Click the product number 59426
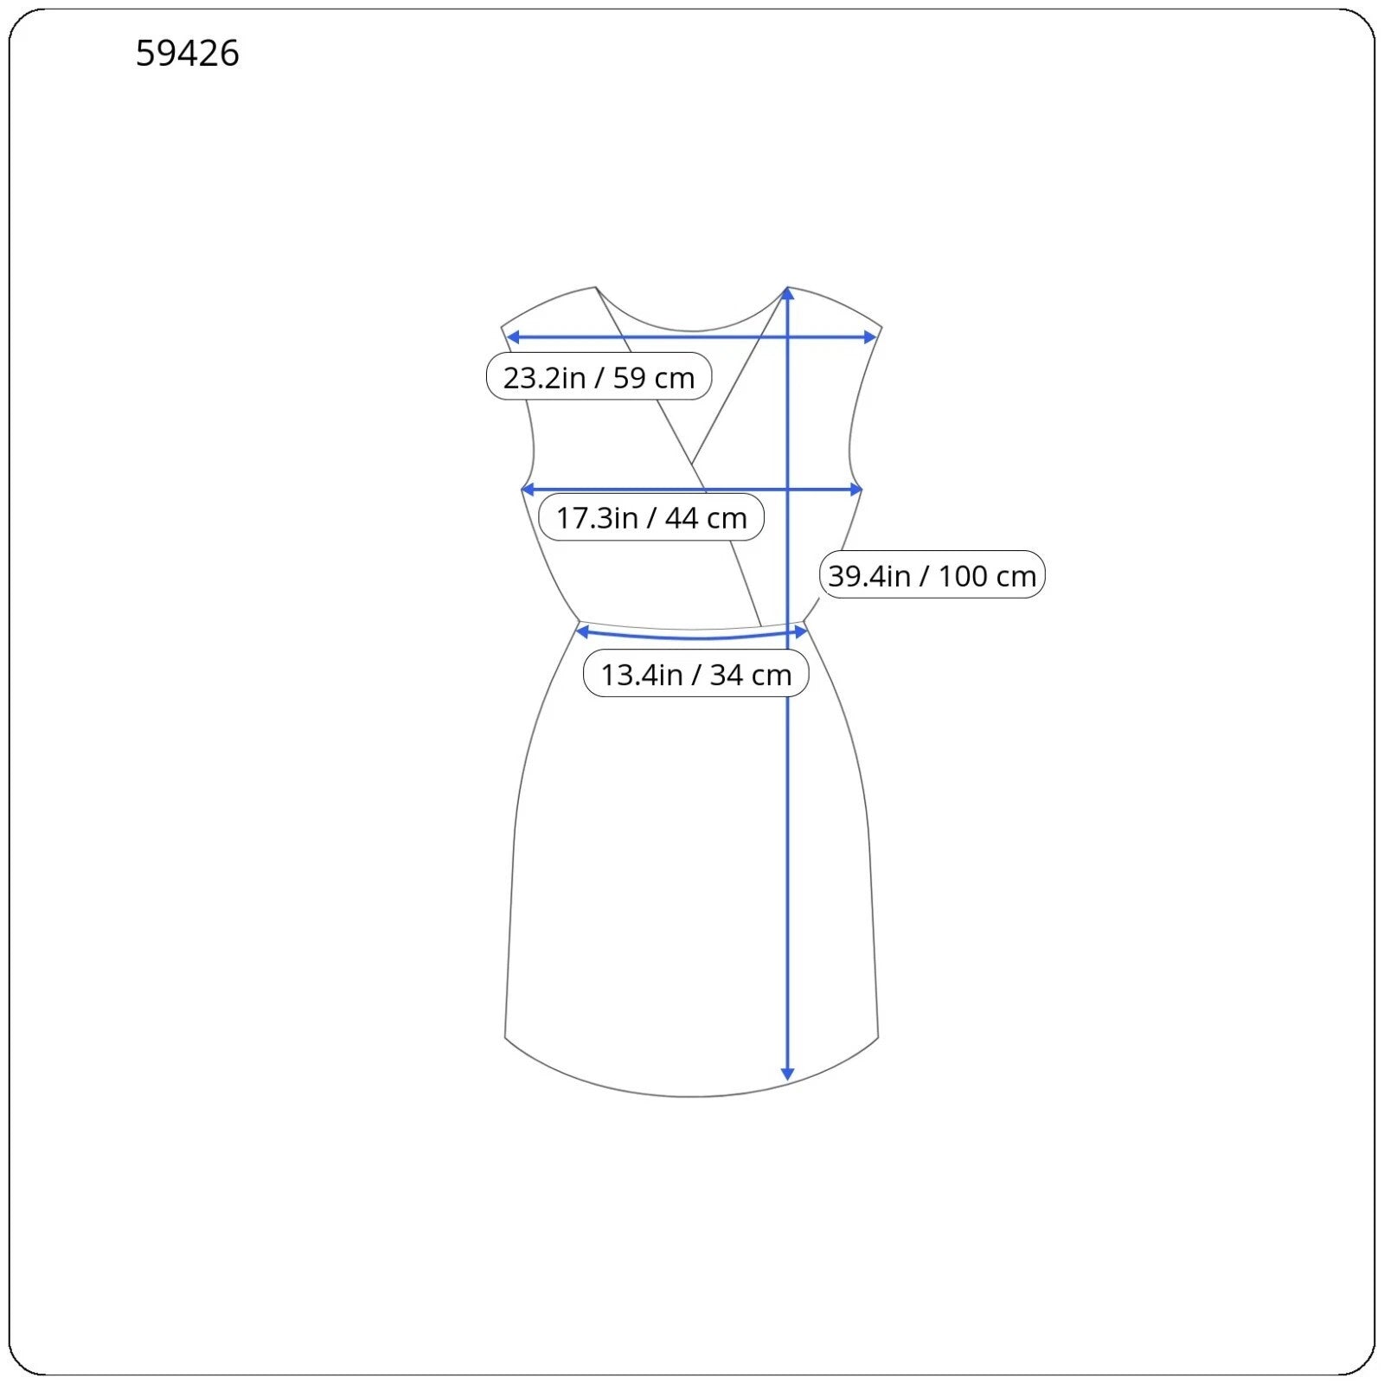[x=187, y=54]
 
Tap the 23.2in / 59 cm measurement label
[x=599, y=377]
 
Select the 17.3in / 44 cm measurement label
[x=651, y=517]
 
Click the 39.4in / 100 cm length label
[x=932, y=575]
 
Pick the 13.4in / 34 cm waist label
[x=696, y=674]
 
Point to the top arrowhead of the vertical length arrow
[x=787, y=293]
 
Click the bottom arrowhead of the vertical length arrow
[x=787, y=1074]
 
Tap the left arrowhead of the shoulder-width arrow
[x=512, y=337]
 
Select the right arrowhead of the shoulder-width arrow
[x=870, y=337]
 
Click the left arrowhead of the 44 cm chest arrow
[x=528, y=490]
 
